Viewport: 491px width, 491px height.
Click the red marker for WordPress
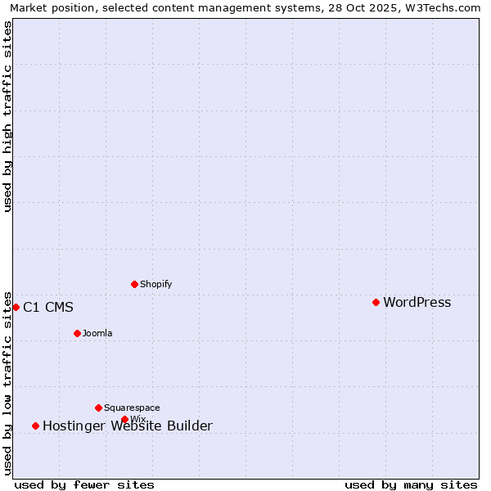tap(376, 302)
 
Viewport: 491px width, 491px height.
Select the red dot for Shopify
tap(134, 284)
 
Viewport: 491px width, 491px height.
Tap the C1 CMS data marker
tap(16, 307)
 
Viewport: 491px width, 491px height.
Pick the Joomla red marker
tap(77, 333)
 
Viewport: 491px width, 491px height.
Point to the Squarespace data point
tap(98, 408)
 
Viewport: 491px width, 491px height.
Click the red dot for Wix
tap(124, 419)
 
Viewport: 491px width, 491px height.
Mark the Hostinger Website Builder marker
tap(35, 426)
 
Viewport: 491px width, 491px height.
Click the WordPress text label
tap(417, 303)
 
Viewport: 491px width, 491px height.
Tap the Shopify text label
tap(155, 285)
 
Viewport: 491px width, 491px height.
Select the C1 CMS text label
tap(47, 308)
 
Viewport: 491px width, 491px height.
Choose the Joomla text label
tap(97, 334)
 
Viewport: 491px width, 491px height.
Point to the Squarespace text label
tap(132, 408)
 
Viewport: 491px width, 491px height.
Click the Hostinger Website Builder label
tap(127, 426)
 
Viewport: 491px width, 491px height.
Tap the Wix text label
tap(138, 420)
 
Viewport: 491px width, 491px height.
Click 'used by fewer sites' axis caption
tap(84, 484)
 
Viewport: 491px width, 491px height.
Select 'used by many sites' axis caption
tap(411, 484)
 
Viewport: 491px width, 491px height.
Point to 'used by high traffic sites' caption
tap(8, 116)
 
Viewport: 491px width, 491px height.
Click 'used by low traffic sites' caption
tap(8, 382)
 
